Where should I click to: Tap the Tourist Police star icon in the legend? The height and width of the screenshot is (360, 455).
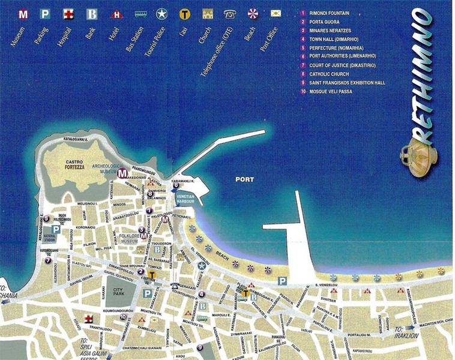(x=161, y=13)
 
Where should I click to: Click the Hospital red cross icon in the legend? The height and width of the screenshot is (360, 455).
(x=67, y=13)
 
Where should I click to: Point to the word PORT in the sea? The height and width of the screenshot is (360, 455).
(x=244, y=179)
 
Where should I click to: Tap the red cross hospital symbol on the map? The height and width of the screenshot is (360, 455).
(x=88, y=318)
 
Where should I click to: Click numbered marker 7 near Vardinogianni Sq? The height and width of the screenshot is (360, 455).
(x=48, y=260)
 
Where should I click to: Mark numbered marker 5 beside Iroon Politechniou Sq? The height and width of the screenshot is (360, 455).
(x=46, y=218)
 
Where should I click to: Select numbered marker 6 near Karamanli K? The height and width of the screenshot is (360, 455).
(x=176, y=185)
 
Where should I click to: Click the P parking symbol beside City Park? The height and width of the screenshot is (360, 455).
(x=147, y=293)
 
